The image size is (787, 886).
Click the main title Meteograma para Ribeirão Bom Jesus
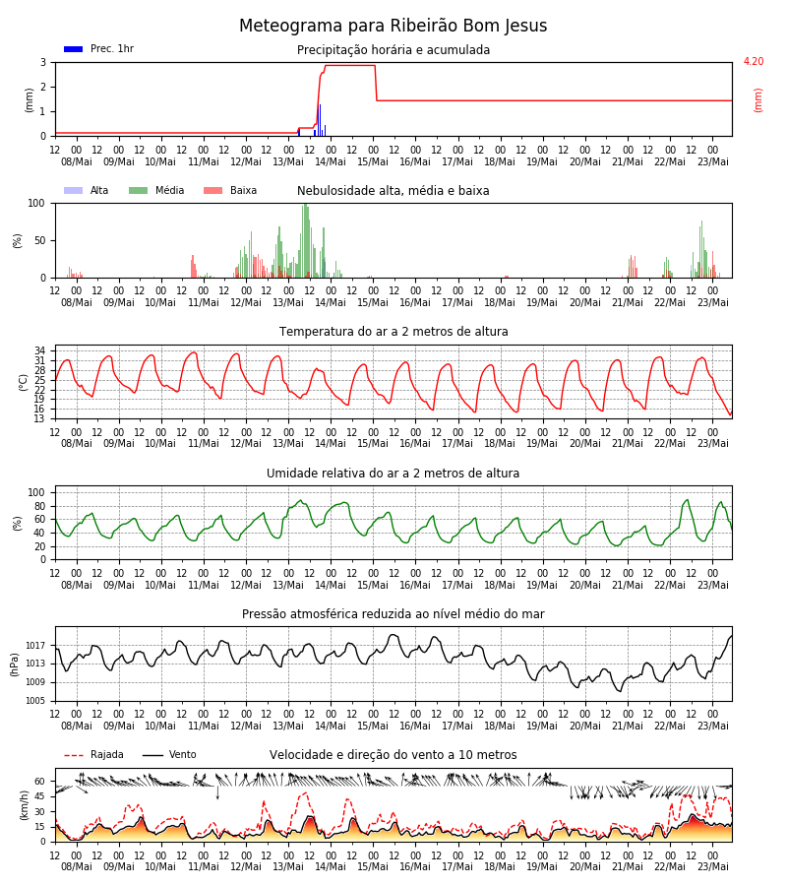pos(393,26)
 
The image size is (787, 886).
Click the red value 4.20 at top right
pos(754,61)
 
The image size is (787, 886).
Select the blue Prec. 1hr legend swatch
pos(74,49)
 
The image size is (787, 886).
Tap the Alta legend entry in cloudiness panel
pos(87,190)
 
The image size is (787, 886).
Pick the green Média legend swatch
pos(139,190)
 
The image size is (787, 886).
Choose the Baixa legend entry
pos(230,190)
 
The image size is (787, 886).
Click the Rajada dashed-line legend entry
pos(93,755)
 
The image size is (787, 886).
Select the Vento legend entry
pos(169,755)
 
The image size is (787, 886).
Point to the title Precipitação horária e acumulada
pos(393,50)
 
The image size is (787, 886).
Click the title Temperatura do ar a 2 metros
pos(393,332)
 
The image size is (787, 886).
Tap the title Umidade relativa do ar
pos(393,473)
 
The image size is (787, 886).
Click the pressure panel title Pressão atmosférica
pos(393,613)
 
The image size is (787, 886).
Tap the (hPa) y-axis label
pos(15,664)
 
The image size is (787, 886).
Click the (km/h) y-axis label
pos(24,805)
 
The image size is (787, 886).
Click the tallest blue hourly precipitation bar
pos(320,120)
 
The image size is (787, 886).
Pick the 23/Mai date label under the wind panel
pos(713,866)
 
